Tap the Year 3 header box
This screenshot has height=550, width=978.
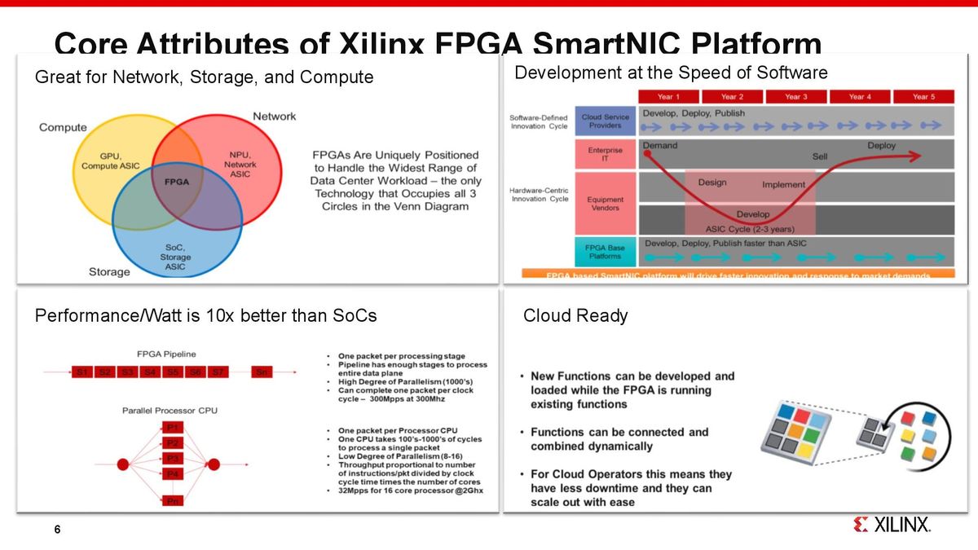pos(795,96)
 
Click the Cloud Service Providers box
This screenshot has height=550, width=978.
pos(605,121)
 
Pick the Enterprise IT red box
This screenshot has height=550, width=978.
pos(605,155)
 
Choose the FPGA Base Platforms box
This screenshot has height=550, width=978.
pos(605,250)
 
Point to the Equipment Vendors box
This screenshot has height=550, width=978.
pos(605,203)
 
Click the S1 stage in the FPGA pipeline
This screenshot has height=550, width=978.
pos(81,372)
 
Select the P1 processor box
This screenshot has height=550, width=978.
pos(173,428)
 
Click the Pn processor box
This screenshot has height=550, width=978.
pos(173,501)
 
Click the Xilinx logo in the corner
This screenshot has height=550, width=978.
pos(892,525)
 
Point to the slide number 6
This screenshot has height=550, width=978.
pos(57,530)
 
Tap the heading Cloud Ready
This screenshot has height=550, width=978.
pos(575,315)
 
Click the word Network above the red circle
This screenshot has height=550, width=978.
pos(274,117)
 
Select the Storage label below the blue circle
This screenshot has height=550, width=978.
pos(109,271)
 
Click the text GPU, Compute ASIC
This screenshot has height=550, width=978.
pos(111,161)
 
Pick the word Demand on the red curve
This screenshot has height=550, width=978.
pos(660,146)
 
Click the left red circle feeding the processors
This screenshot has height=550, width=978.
pos(124,465)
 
